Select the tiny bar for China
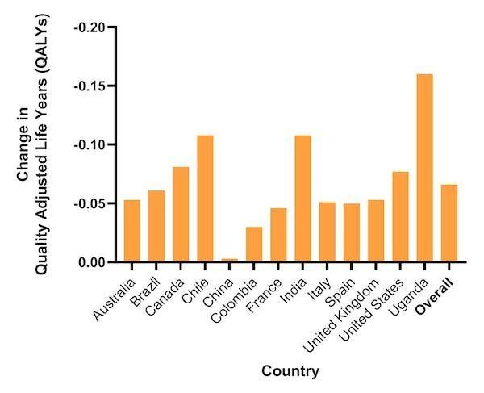point(229,260)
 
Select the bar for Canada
point(180,215)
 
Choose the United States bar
point(400,217)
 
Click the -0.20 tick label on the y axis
point(90,27)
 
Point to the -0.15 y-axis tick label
point(90,86)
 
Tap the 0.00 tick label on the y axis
point(91,262)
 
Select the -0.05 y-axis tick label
point(90,203)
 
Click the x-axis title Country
point(290,372)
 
